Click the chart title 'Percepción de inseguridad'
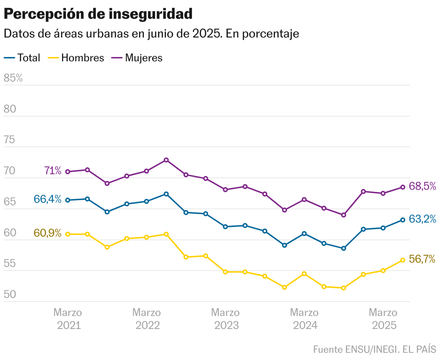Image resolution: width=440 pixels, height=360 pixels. (x=98, y=14)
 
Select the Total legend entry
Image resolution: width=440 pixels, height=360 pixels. (x=22, y=58)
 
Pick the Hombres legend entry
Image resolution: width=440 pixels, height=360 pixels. (x=76, y=58)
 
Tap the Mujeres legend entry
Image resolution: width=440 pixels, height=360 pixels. (x=137, y=58)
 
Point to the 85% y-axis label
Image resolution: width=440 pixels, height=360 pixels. (x=13, y=78)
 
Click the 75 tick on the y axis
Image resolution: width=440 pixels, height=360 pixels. (x=9, y=140)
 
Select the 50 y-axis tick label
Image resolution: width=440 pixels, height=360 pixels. (x=9, y=295)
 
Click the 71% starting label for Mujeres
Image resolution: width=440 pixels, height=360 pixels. (x=53, y=171)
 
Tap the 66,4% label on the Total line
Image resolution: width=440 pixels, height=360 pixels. (x=47, y=199)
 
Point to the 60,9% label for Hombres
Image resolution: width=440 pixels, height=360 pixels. (x=47, y=233)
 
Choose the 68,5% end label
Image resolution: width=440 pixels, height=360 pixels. (x=423, y=186)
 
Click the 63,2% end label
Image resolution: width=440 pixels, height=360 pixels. (x=423, y=219)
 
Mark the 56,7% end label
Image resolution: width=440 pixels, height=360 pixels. (x=422, y=259)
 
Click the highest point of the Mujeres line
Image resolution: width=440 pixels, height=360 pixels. (x=166, y=160)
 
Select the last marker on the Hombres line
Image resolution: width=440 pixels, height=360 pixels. (x=403, y=260)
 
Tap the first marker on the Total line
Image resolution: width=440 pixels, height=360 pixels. (x=68, y=200)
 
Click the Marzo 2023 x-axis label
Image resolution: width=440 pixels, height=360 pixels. (x=225, y=319)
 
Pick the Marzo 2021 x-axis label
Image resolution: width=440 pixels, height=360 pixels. (x=68, y=319)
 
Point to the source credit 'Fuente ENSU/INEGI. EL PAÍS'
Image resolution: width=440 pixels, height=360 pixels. (x=374, y=350)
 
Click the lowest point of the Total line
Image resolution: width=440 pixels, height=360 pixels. (x=344, y=248)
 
